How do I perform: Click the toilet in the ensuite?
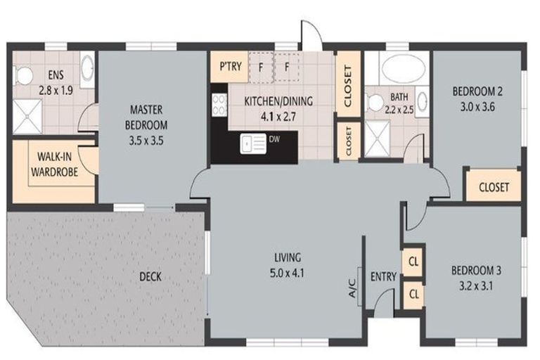tap(22, 75)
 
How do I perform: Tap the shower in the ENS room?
tap(27, 117)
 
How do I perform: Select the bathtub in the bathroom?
tap(404, 69)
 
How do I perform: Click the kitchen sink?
tap(253, 143)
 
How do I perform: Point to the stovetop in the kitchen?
tap(219, 105)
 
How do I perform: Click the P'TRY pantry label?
tap(231, 66)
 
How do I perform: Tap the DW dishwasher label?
tap(274, 139)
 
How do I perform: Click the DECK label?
tap(150, 276)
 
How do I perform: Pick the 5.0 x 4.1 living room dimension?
tap(287, 274)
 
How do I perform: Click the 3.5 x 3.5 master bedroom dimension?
tap(146, 141)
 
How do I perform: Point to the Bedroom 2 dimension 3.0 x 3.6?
tap(477, 107)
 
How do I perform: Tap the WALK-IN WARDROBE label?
tap(54, 165)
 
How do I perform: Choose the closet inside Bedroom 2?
tap(494, 186)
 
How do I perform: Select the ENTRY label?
tap(383, 276)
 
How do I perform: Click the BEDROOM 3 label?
tap(476, 271)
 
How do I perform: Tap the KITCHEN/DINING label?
tap(278, 101)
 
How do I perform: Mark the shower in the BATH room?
tap(377, 138)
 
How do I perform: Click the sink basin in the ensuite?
tap(87, 69)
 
